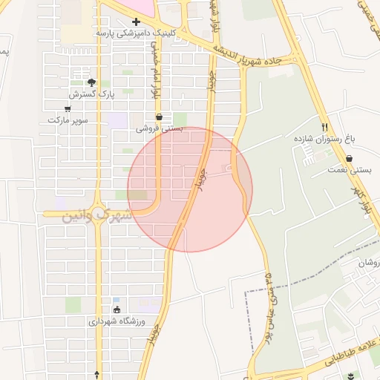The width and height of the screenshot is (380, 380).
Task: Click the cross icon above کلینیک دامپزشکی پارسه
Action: (x=136, y=22)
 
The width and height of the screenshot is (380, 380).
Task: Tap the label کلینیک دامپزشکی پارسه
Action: (x=134, y=34)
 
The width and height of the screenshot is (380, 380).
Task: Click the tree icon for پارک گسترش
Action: (x=91, y=82)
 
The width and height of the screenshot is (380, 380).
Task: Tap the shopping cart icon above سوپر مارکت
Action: (x=68, y=108)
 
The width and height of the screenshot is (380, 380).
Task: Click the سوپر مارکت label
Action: (x=68, y=119)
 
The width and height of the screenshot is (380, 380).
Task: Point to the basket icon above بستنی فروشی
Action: (x=159, y=117)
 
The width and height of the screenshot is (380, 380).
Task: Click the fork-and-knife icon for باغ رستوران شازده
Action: (x=324, y=127)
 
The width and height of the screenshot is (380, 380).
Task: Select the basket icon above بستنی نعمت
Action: (x=349, y=158)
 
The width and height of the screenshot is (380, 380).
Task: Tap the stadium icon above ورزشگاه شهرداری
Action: (x=117, y=309)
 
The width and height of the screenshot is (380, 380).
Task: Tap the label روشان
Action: (x=368, y=263)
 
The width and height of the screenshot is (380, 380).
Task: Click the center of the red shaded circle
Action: (x=190, y=190)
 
